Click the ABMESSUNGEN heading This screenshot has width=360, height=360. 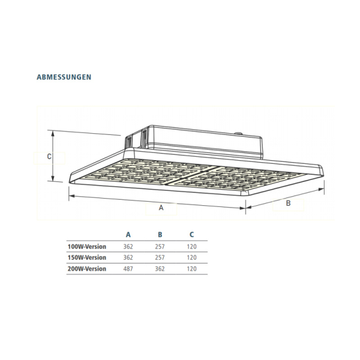(64, 77)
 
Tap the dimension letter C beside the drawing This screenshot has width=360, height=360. (49, 157)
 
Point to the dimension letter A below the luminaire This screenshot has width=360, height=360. (161, 208)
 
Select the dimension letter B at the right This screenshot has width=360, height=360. (288, 203)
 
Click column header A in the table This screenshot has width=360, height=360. (128, 235)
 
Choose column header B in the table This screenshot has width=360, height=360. (160, 235)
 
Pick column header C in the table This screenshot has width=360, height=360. (192, 235)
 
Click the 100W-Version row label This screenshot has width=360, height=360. (87, 247)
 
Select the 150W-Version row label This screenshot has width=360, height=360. (87, 257)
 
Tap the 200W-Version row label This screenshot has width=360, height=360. (87, 269)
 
